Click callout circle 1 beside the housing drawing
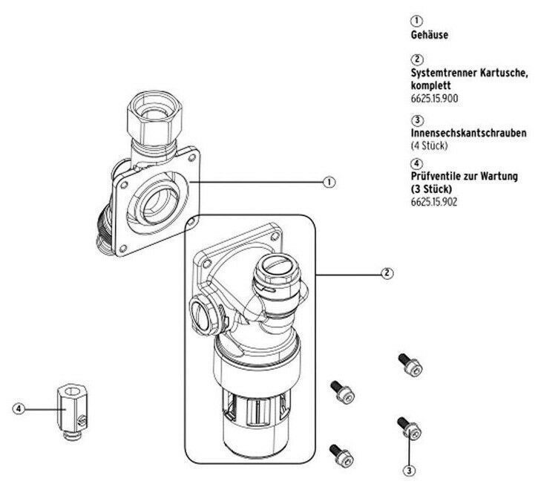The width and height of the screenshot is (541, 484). (x=329, y=182)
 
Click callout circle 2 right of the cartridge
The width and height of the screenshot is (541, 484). (x=387, y=273)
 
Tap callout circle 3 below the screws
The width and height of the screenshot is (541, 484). (x=409, y=470)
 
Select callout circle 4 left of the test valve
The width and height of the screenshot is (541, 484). (x=19, y=409)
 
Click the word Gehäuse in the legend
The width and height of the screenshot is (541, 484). (x=429, y=35)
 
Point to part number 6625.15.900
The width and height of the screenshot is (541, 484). (x=434, y=99)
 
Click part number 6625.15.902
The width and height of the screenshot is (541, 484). (x=433, y=202)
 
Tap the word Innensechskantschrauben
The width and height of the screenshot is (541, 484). (x=468, y=133)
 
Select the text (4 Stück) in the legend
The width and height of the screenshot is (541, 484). (x=429, y=145)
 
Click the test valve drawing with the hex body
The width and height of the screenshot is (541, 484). (x=72, y=412)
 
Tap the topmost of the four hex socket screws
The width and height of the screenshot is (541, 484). (x=410, y=364)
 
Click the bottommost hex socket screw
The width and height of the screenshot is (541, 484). (x=342, y=454)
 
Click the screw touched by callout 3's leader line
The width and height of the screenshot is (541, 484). (x=410, y=428)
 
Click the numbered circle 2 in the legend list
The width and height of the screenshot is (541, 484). (x=417, y=59)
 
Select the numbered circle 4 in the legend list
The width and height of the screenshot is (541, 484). (x=417, y=163)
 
